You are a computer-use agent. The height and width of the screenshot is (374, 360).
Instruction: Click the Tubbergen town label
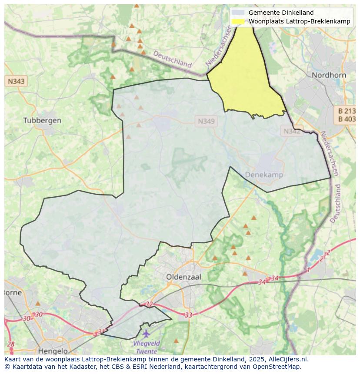pyautogui.click(x=42, y=120)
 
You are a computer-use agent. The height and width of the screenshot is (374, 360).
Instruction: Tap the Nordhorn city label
pyautogui.click(x=329, y=75)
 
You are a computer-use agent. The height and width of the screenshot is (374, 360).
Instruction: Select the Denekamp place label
pyautogui.click(x=264, y=175)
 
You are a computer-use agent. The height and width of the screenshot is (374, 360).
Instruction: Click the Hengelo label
pyautogui.click(x=53, y=351)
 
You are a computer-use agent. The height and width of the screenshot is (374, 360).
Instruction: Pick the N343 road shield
pyautogui.click(x=16, y=81)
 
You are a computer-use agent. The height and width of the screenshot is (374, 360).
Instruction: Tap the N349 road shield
pyautogui.click(x=206, y=122)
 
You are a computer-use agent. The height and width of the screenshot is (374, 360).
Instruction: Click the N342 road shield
pyautogui.click(x=292, y=131)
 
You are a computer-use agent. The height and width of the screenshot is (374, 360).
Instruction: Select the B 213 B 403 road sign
pyautogui.click(x=347, y=115)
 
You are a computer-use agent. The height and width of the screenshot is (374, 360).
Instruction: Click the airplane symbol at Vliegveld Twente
pyautogui.click(x=146, y=334)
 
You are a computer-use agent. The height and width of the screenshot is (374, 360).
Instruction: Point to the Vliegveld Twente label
pyautogui.click(x=147, y=347)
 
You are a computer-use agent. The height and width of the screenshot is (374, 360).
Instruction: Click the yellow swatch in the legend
pyautogui.click(x=238, y=22)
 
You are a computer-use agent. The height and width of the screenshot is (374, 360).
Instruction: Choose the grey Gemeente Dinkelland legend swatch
pyautogui.click(x=238, y=13)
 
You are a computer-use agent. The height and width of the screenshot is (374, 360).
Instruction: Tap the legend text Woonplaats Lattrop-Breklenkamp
pyautogui.click(x=299, y=22)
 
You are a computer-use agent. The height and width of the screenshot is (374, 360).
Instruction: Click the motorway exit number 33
pyautogui.click(x=188, y=315)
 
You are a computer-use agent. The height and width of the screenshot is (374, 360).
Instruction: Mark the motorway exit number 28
pyautogui.click(x=11, y=344)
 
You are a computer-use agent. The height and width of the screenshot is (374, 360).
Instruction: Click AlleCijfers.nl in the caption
pyautogui.click(x=286, y=359)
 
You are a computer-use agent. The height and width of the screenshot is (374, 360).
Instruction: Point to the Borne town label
pyautogui.click(x=13, y=292)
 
